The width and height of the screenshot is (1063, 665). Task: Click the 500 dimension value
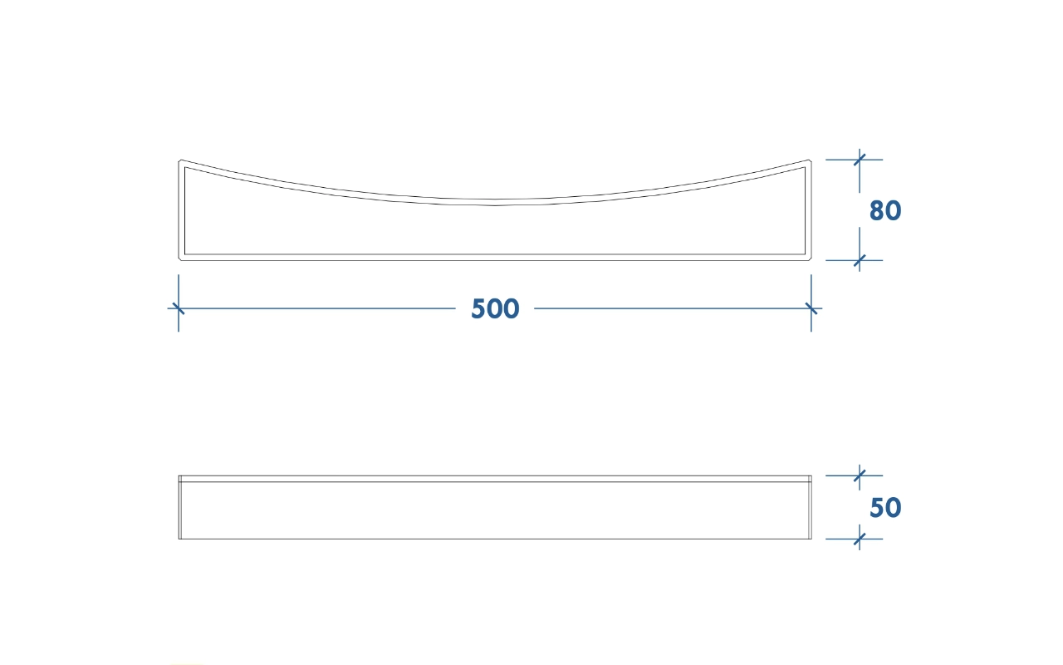pos(495,308)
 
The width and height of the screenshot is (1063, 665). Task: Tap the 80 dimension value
pos(885,210)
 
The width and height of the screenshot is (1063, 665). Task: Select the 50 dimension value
pos(885,507)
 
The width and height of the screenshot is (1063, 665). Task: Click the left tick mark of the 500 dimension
pos(179,308)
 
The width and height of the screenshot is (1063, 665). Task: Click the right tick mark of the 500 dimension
pos(811,308)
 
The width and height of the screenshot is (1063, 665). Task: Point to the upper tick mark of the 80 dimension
pos(860,160)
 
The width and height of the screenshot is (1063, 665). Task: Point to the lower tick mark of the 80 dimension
pos(860,260)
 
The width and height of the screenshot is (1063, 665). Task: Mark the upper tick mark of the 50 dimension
pos(860,475)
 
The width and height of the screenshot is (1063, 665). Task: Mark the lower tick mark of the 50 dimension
pos(860,539)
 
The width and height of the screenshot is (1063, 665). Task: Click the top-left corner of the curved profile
pos(179,160)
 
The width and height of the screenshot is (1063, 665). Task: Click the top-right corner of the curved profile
pos(810,160)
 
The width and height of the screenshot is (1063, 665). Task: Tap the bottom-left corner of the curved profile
pos(179,260)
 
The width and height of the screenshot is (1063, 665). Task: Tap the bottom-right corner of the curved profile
pos(811,260)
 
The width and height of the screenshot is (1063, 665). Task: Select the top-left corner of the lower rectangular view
pos(179,475)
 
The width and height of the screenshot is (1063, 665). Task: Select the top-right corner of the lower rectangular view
pos(811,475)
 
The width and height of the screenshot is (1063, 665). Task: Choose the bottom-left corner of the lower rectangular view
pos(179,539)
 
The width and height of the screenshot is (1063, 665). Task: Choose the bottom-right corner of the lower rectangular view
pos(811,539)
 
